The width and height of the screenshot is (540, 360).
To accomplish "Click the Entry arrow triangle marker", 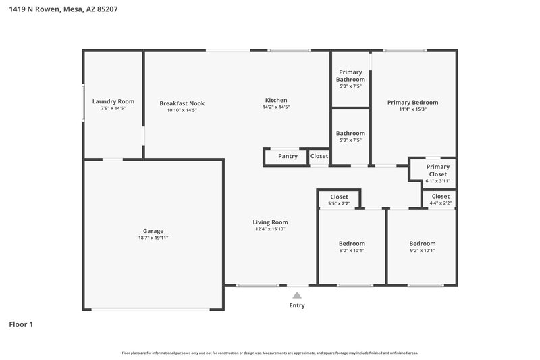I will pyautogui.click(x=296, y=294).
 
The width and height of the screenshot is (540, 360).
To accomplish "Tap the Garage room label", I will pyautogui.click(x=153, y=230).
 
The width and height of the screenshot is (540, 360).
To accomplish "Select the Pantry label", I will pyautogui.click(x=288, y=156).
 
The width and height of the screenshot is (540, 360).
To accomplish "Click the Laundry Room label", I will pyautogui.click(x=113, y=101).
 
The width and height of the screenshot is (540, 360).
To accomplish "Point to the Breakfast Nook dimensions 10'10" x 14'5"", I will pyautogui.click(x=182, y=110).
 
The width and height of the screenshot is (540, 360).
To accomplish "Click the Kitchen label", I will pyautogui.click(x=276, y=100).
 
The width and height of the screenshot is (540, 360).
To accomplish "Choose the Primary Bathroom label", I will pyautogui.click(x=350, y=76).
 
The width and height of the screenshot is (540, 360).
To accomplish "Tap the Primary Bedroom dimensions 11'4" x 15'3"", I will pyautogui.click(x=412, y=109).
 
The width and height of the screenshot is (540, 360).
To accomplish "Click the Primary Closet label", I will pyautogui.click(x=437, y=170).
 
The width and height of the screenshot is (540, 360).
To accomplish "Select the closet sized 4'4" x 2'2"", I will pyautogui.click(x=440, y=199).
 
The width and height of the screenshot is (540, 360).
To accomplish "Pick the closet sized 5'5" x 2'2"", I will pyautogui.click(x=339, y=200).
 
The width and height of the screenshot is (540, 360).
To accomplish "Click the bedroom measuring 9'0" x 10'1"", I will pyautogui.click(x=352, y=247).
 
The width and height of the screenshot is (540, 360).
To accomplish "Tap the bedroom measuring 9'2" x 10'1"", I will pyautogui.click(x=422, y=247).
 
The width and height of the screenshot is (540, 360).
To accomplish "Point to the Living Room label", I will pyautogui.click(x=270, y=222).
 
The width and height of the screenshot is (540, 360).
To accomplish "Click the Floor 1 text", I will pyautogui.click(x=21, y=324).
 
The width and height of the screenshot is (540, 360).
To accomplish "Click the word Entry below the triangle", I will pyautogui.click(x=297, y=305).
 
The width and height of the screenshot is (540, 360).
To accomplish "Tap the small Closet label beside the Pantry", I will pyautogui.click(x=319, y=156).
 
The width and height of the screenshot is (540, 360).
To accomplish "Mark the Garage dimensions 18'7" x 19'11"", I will pyautogui.click(x=153, y=238).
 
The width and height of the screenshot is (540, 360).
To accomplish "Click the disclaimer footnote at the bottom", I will pyautogui.click(x=269, y=353).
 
